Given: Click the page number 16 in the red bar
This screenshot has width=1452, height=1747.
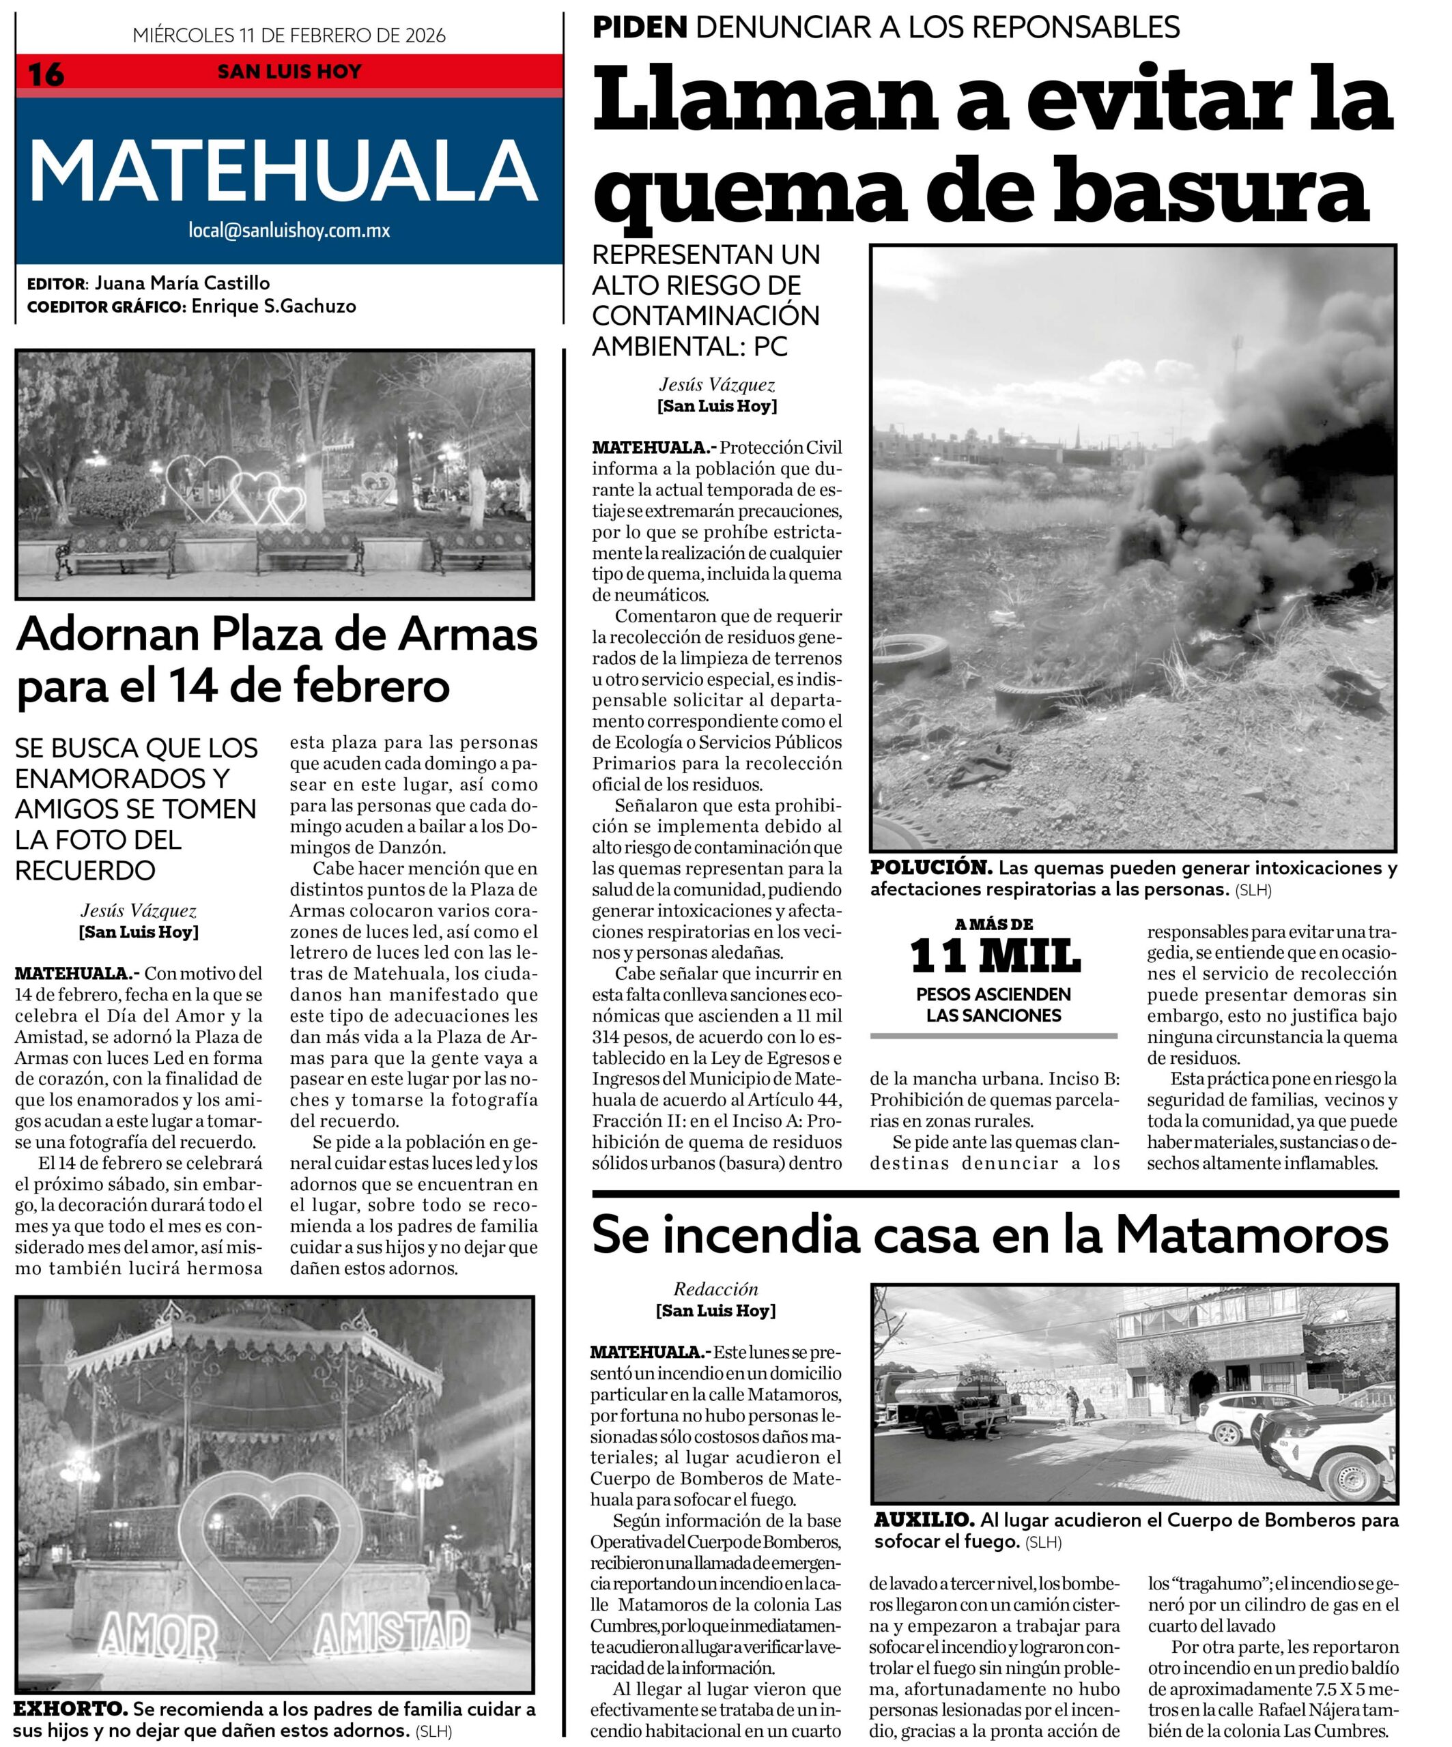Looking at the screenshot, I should click(x=46, y=75).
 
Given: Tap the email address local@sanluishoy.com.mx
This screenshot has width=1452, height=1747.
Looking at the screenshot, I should click(x=289, y=231).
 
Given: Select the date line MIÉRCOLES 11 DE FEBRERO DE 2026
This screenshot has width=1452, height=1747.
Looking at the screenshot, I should click(x=289, y=35).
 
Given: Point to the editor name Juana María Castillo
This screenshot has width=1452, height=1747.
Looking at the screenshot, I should click(x=182, y=283).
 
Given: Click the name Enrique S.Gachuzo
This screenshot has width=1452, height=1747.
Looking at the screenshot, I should click(x=274, y=306).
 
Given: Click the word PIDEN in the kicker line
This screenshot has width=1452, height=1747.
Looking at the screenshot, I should click(x=639, y=27).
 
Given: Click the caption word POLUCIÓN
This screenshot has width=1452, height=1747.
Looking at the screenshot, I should click(x=931, y=867).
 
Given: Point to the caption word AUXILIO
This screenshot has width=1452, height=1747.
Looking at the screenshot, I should click(x=924, y=1520).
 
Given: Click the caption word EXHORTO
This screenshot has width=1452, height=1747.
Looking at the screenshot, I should click(x=70, y=1709).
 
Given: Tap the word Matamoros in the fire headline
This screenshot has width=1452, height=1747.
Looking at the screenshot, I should click(x=1251, y=1235).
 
